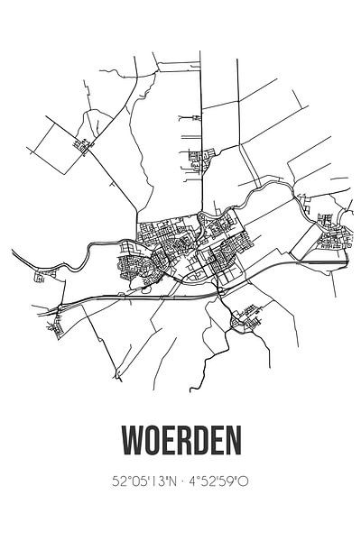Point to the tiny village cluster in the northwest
coord(85,143)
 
